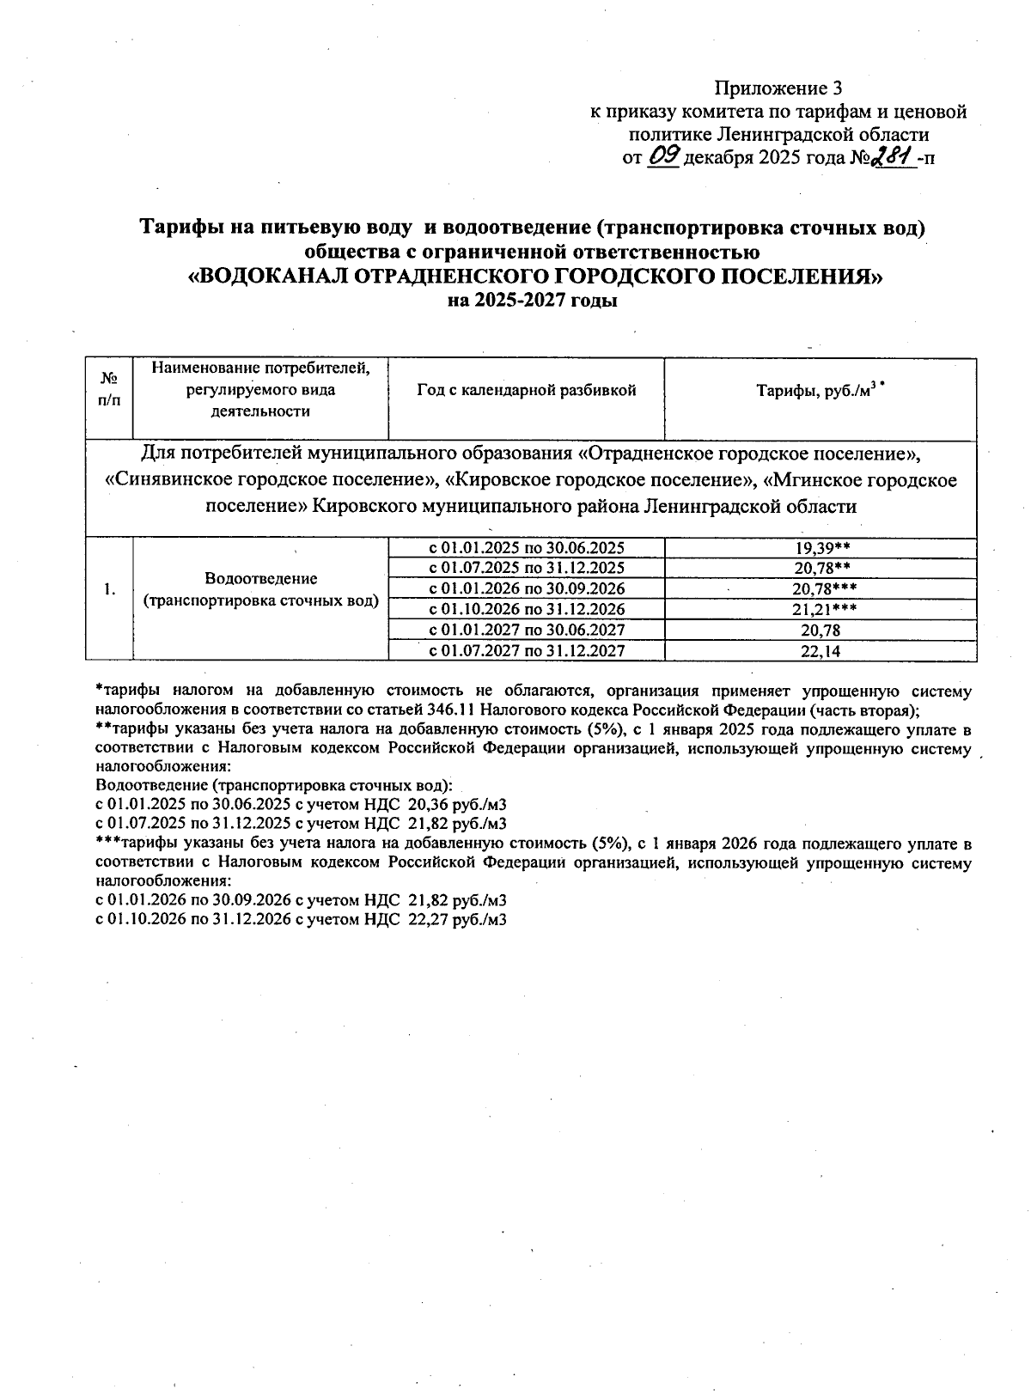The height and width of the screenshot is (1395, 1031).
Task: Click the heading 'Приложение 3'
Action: pos(778,88)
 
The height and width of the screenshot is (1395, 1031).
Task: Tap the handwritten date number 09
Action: pos(662,157)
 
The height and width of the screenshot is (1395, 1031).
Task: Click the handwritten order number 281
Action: pos(891,157)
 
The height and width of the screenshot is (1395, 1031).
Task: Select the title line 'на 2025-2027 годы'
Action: pos(533,301)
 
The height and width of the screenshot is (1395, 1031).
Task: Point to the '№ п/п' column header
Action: pos(109,389)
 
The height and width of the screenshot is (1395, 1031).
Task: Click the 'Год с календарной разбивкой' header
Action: pos(526,390)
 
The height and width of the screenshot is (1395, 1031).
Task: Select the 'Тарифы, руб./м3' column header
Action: pos(820,391)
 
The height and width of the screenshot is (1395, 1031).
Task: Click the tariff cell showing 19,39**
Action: pos(821,548)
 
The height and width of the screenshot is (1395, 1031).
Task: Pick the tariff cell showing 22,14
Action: pos(820,651)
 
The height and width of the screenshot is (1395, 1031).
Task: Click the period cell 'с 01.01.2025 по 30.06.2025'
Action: pos(526,548)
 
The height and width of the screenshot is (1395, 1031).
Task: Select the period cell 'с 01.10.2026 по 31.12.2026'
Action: pos(526,610)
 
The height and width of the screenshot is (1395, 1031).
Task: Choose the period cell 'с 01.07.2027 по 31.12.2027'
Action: pos(526,651)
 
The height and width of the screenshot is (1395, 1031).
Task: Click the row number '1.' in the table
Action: pos(108,589)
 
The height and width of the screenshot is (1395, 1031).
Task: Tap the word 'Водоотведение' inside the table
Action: pos(260,579)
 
